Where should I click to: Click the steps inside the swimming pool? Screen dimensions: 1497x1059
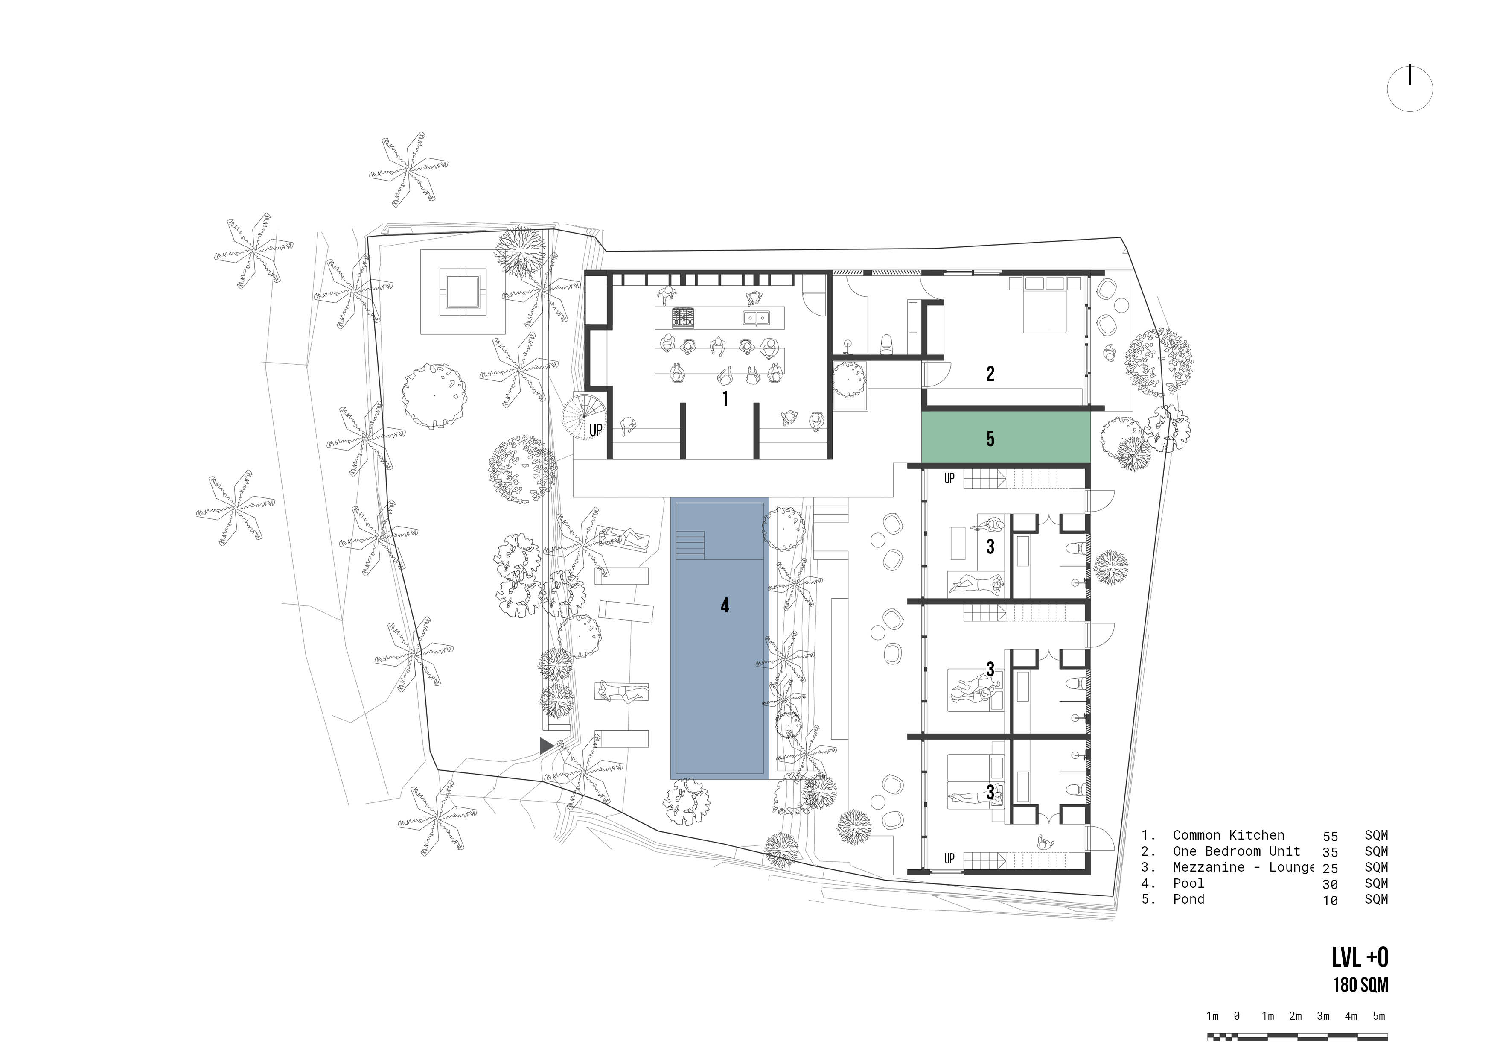690,544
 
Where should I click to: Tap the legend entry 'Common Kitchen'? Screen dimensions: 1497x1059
1229,835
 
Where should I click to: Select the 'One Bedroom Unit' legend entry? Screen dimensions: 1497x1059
1236,851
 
